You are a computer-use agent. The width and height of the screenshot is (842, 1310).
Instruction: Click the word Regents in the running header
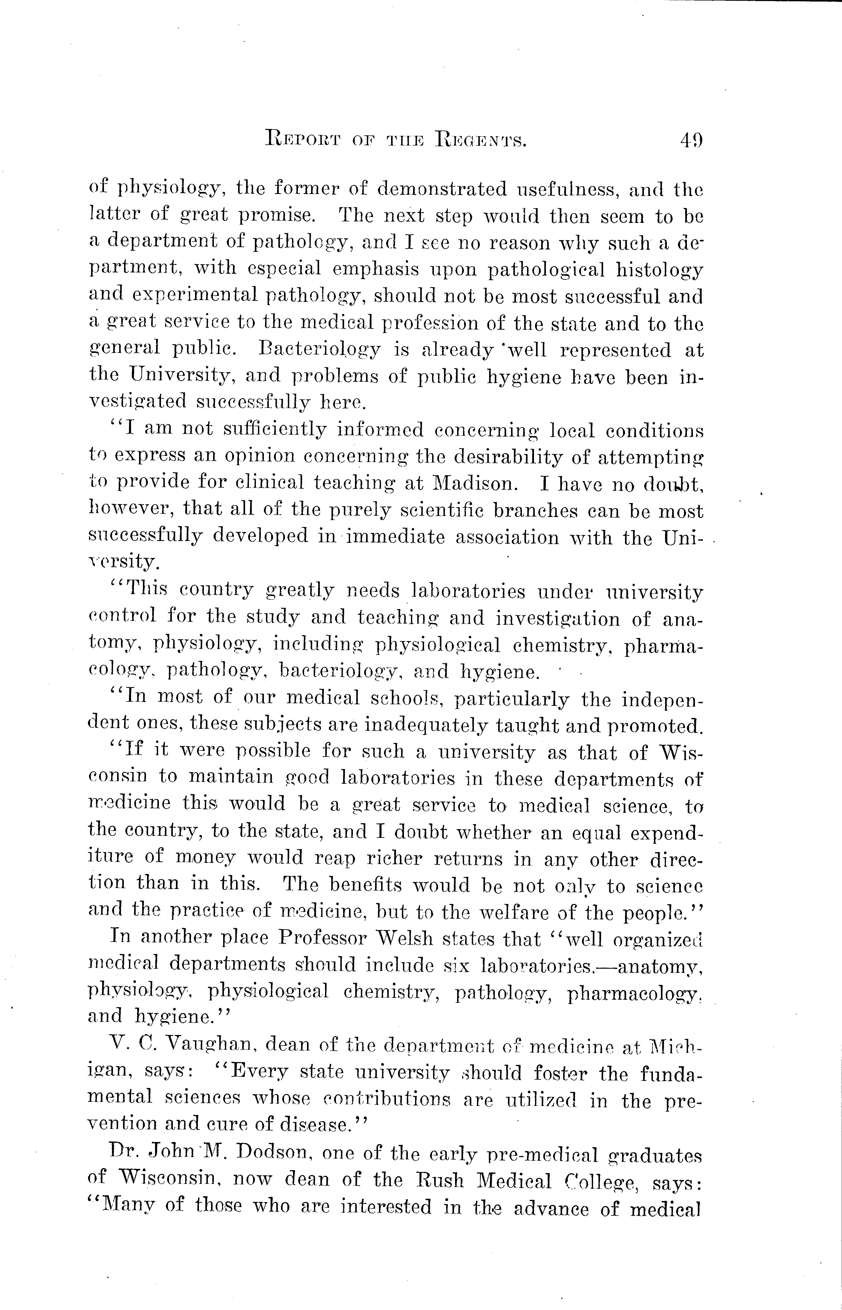481,142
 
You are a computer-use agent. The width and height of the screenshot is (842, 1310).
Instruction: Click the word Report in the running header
302,142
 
